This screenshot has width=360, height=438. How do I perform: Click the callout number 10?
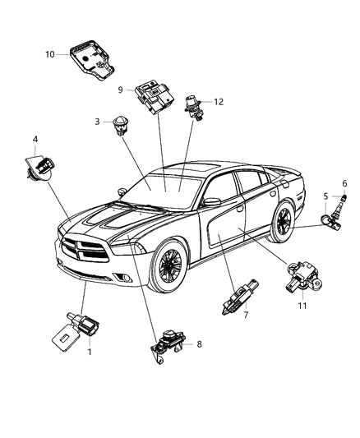coord(50,54)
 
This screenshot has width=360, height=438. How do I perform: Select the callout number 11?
coord(302,304)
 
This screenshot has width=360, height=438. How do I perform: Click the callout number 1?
coord(90,351)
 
